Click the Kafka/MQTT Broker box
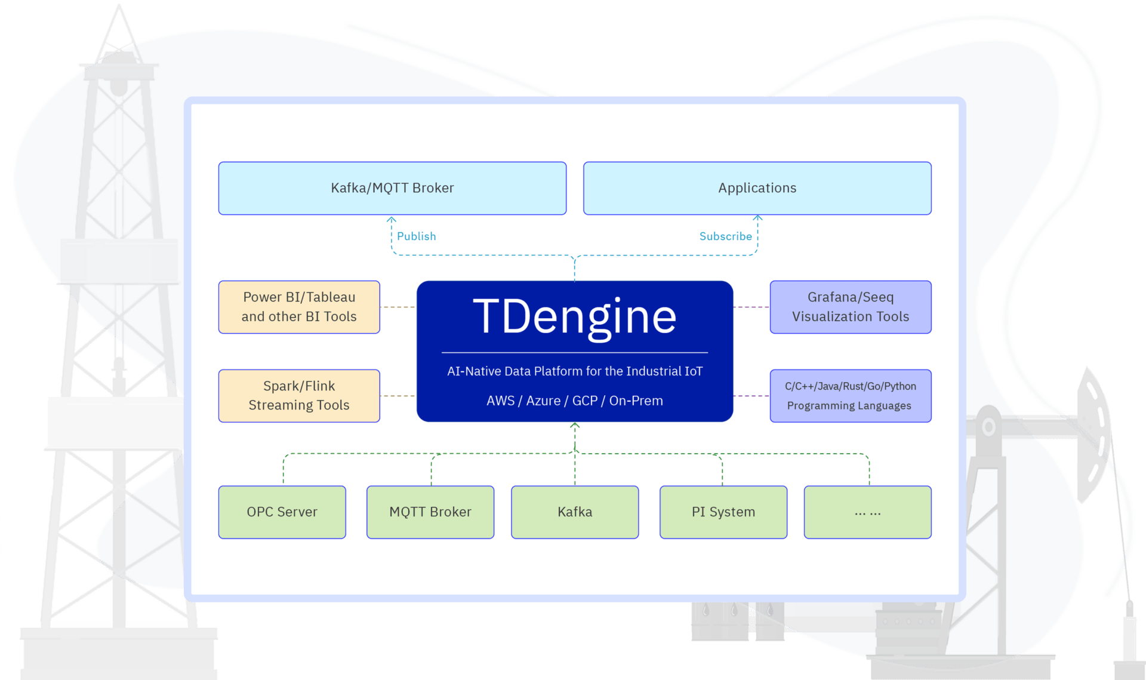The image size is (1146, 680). [x=392, y=188]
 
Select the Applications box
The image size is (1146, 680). [x=757, y=188]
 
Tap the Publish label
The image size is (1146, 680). [x=416, y=236]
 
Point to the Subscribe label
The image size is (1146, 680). [x=725, y=236]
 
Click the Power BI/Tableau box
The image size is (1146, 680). [x=299, y=307]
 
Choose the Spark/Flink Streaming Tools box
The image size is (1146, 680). [x=299, y=396]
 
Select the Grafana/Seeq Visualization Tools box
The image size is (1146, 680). [x=850, y=307]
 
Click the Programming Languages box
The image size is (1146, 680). [x=850, y=396]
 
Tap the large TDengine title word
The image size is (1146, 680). [x=574, y=316]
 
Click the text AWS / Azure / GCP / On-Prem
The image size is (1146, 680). [x=574, y=401]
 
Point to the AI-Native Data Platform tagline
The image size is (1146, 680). [x=574, y=371]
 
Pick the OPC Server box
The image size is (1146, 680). [x=282, y=512]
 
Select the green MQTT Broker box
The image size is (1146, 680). [x=430, y=512]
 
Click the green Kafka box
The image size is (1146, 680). [x=574, y=512]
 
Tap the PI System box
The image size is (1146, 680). [x=723, y=512]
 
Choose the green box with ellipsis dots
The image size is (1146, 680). [x=867, y=512]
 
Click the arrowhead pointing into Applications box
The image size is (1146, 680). [x=757, y=218]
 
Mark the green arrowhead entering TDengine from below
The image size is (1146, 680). [x=575, y=426]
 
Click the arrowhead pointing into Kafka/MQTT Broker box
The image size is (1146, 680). [x=392, y=219]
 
